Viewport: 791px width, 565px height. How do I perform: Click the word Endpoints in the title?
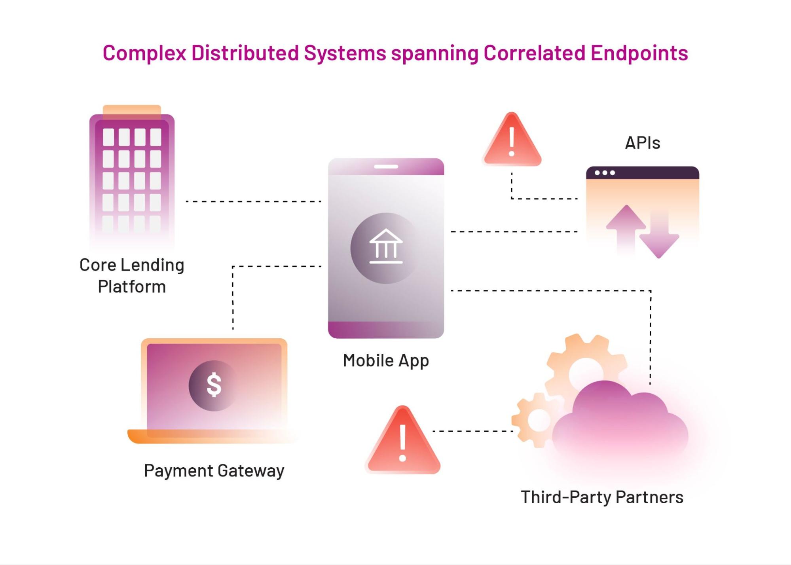[x=639, y=53]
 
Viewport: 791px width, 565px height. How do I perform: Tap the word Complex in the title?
[x=144, y=53]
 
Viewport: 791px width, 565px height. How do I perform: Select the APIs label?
[x=642, y=143]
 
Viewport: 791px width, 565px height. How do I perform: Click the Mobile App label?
[x=386, y=360]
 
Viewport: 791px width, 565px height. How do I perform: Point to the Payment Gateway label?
[x=214, y=471]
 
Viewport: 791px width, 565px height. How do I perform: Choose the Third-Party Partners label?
[x=602, y=497]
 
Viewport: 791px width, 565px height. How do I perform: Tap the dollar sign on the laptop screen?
[x=214, y=385]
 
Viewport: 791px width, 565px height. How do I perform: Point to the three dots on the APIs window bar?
[x=605, y=173]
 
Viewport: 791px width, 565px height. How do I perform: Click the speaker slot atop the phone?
[x=386, y=167]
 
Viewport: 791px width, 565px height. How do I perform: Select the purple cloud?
[x=619, y=423]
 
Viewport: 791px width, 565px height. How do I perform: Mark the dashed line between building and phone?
[x=253, y=201]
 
